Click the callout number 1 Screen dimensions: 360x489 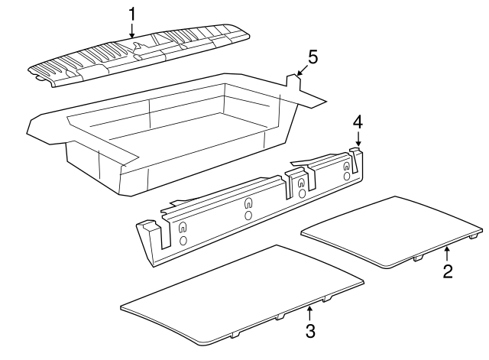pyautogui.click(x=131, y=13)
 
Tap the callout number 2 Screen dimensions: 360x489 pyautogui.click(x=449, y=271)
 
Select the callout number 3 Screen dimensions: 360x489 pyautogui.click(x=309, y=330)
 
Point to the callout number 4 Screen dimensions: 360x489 pyautogui.click(x=357, y=122)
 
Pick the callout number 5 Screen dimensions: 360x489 pyautogui.click(x=312, y=57)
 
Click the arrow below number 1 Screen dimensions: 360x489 pyautogui.click(x=131, y=30)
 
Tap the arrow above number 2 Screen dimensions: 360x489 pyautogui.click(x=449, y=251)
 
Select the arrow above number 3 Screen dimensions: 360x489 pyautogui.click(x=309, y=311)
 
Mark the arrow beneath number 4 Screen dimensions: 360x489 pyautogui.click(x=357, y=139)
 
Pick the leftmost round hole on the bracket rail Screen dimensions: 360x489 pyautogui.click(x=183, y=241)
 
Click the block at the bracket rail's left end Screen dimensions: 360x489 pyautogui.click(x=149, y=229)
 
